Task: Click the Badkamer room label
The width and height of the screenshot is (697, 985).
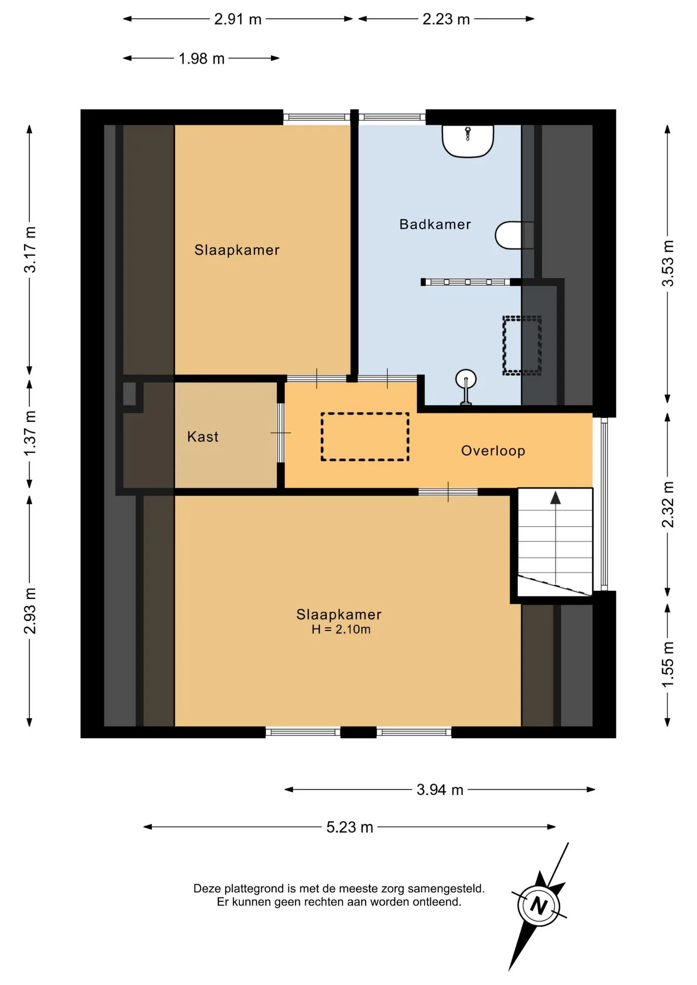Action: coord(435,224)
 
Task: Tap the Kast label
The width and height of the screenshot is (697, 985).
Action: coord(203,437)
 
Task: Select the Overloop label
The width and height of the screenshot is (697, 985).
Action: coord(493,451)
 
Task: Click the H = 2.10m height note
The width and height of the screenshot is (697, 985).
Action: coord(341,629)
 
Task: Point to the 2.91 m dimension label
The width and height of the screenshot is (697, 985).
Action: coord(238,19)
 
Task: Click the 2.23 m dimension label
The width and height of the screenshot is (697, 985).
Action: coord(446,19)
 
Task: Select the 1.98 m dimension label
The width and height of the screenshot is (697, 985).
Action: coord(202,58)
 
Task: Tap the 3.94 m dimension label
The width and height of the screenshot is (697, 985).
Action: coord(440,790)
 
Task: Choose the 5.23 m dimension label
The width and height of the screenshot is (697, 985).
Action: coord(350,827)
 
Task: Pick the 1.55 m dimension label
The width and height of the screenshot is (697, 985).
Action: coord(667,665)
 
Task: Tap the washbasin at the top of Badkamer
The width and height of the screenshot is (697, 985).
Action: coord(468,141)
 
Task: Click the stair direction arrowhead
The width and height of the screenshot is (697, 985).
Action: coord(555,498)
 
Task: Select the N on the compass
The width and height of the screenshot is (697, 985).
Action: coord(538,905)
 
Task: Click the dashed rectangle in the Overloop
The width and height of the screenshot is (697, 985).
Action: coord(365,437)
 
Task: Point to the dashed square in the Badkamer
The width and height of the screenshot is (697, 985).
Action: coord(522,345)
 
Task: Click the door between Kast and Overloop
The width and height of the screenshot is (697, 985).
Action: coord(281,433)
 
